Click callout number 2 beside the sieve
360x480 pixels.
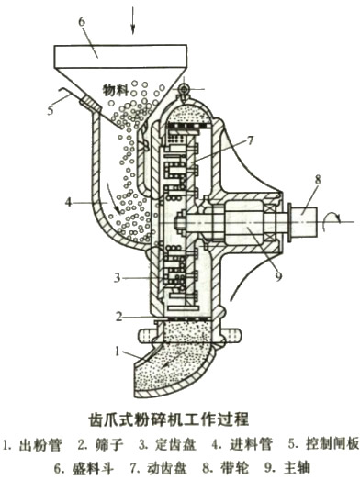(120, 315)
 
